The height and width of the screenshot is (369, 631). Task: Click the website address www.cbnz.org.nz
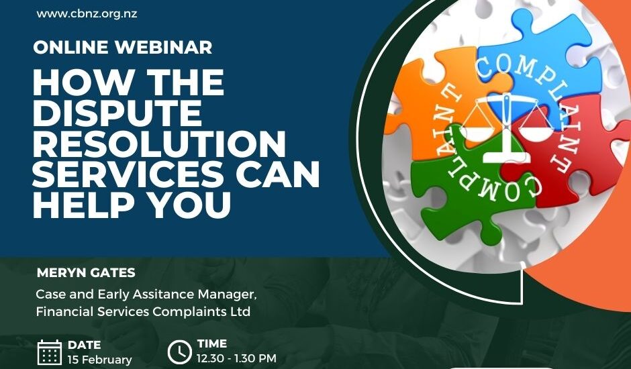87,13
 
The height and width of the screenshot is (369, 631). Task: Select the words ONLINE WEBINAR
123,48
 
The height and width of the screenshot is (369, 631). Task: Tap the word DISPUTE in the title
117,113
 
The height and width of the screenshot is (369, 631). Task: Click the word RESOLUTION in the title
159,144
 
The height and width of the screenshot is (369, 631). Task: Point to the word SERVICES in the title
128,174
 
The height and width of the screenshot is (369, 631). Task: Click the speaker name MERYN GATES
86,273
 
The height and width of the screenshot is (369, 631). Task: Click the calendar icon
50,352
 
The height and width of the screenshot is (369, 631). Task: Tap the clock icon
179,352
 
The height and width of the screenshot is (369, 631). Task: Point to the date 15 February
100,360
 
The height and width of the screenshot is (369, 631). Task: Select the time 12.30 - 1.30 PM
236,358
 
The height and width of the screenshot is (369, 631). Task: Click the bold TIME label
212,344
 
